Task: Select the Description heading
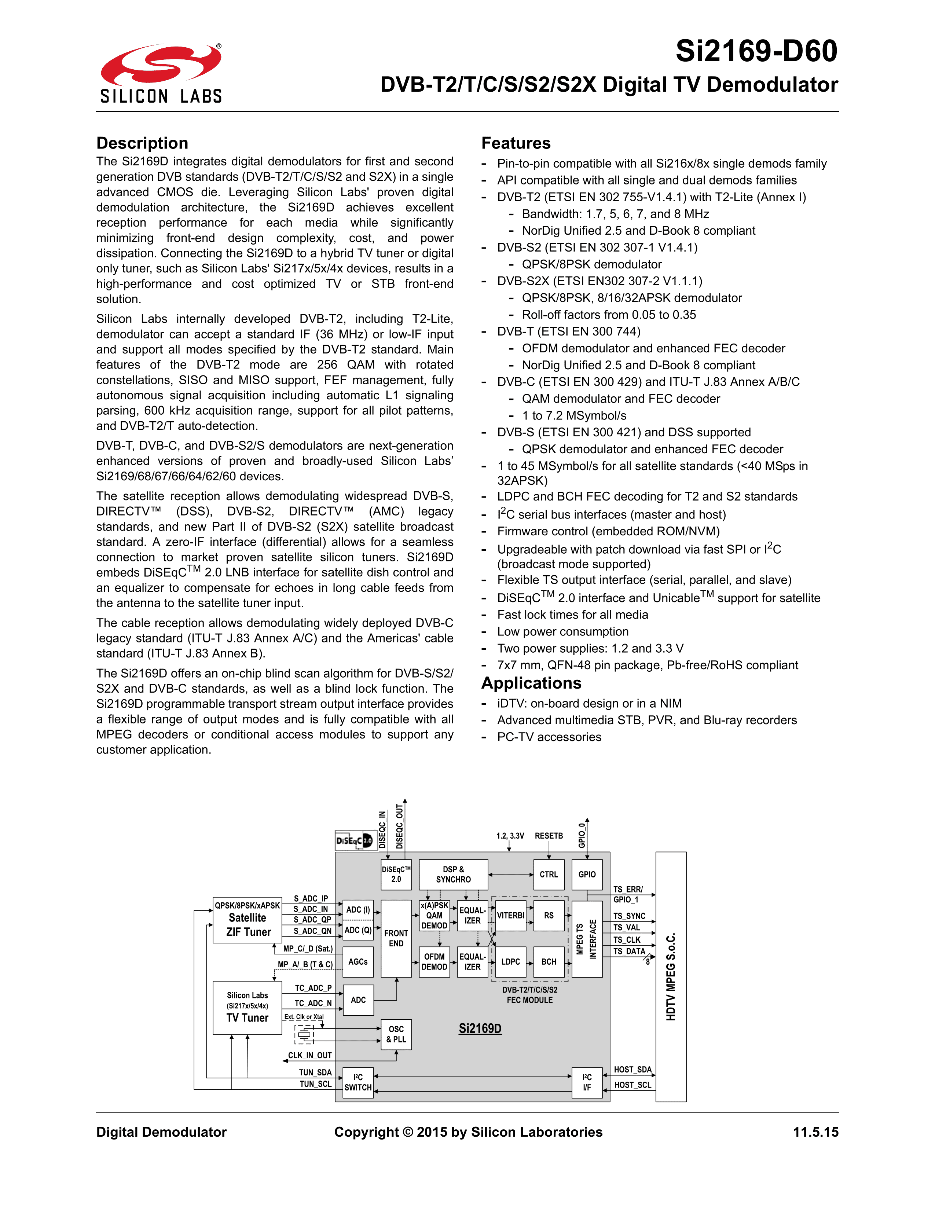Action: pos(142,143)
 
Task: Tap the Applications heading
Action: pos(531,683)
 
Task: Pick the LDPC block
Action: pos(510,962)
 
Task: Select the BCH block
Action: pos(549,962)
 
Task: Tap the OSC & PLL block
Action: pos(396,1034)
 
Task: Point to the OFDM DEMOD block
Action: pos(434,962)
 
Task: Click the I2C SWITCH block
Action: pos(358,1082)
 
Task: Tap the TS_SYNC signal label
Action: pos(629,916)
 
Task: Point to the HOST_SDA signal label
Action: pos(632,1070)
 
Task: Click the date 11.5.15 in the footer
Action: pos(815,1132)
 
